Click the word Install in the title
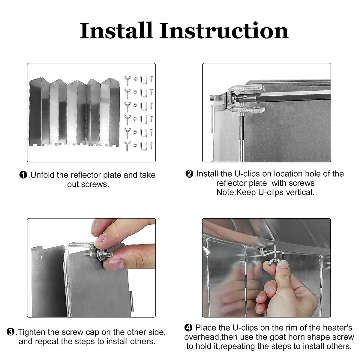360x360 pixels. click(116, 31)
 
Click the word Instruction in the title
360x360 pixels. click(224, 31)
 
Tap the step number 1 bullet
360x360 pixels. click(23, 175)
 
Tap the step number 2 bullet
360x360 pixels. click(189, 174)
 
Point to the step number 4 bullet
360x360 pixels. click(188, 328)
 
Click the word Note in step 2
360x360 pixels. click(226, 192)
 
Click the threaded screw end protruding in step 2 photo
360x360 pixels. click(213, 98)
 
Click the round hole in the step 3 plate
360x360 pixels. click(40, 256)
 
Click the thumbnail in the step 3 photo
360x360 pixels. click(116, 264)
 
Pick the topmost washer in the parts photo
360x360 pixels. click(136, 79)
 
